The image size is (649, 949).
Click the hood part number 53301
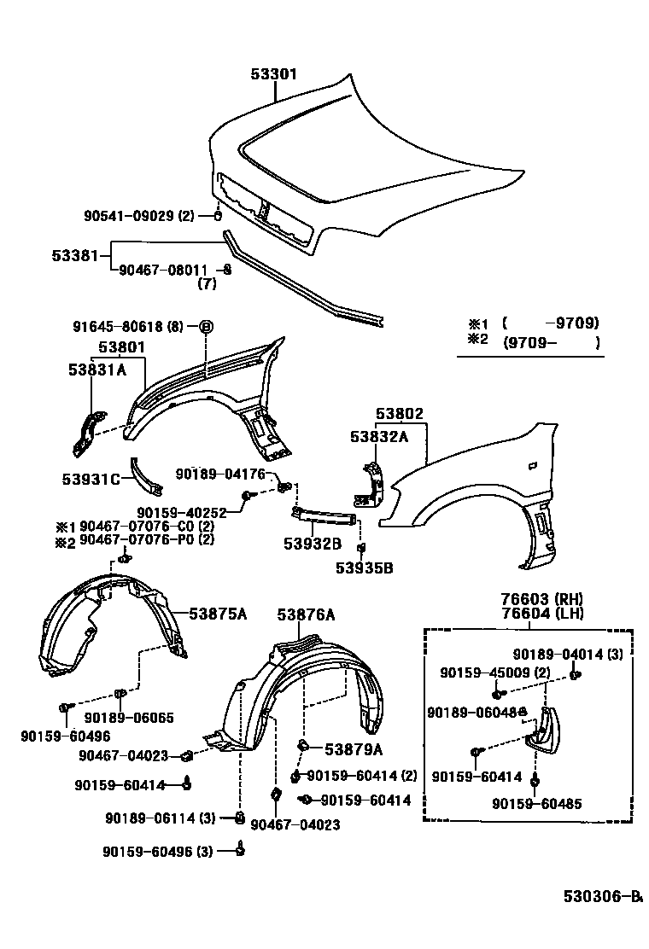point(273,74)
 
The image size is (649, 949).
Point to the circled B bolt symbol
point(206,327)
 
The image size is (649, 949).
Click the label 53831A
point(97,370)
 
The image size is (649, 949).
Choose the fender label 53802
point(400,414)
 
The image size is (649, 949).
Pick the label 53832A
point(379,436)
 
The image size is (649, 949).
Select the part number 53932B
point(314,543)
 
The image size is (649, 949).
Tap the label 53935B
point(364,567)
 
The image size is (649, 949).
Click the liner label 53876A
point(306,614)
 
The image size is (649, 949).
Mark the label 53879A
point(353,748)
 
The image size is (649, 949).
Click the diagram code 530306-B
point(601,896)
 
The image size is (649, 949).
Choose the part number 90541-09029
point(129,216)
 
